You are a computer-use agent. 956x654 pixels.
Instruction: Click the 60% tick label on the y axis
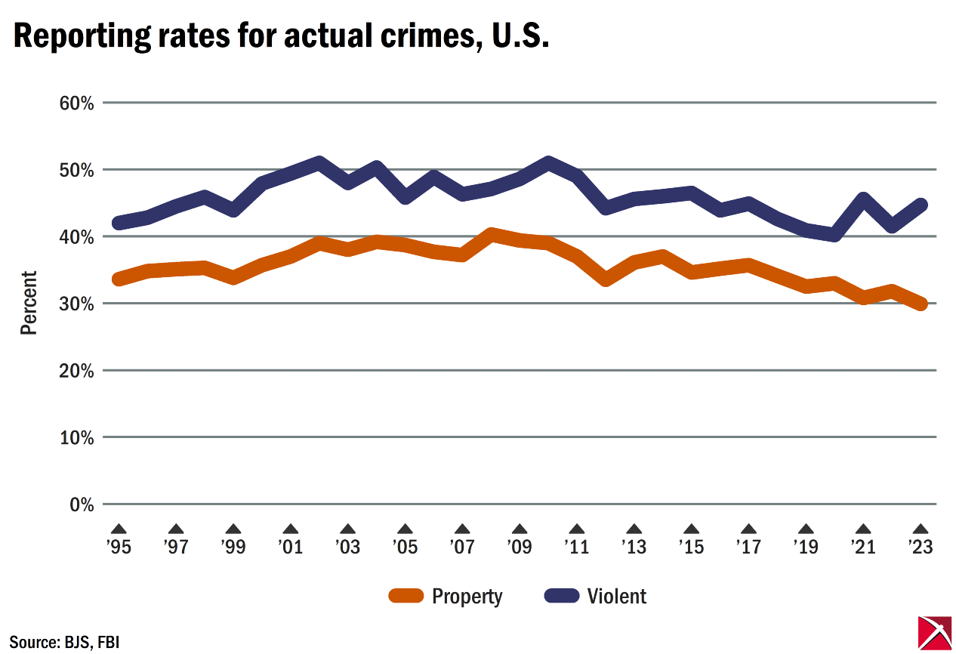click(x=77, y=103)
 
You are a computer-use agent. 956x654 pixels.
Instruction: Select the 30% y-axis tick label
click(x=77, y=304)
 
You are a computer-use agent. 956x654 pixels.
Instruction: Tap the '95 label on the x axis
click(x=119, y=546)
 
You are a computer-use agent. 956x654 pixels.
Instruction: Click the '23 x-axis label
click(x=921, y=546)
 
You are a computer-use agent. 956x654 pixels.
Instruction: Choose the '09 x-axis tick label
click(x=520, y=546)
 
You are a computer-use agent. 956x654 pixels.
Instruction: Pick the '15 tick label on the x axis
click(x=691, y=546)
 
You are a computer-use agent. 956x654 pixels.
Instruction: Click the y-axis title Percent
click(x=29, y=303)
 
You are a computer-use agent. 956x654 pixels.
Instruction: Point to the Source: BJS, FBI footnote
click(x=64, y=643)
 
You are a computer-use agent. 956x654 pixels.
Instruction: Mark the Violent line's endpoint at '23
click(x=921, y=205)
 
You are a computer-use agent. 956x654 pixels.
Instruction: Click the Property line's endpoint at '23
click(x=921, y=304)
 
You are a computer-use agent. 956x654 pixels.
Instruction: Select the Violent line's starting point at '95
click(x=119, y=223)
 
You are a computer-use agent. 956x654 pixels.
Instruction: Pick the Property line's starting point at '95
click(x=119, y=279)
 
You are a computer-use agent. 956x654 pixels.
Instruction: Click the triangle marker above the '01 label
click(x=291, y=529)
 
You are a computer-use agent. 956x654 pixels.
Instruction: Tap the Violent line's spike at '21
click(x=863, y=199)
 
